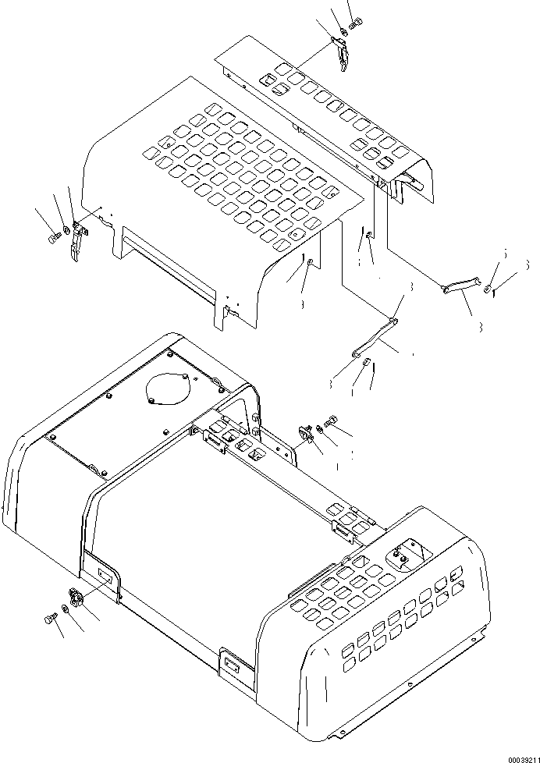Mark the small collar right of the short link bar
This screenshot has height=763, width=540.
click(487, 290)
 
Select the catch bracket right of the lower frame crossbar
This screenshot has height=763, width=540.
click(306, 433)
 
